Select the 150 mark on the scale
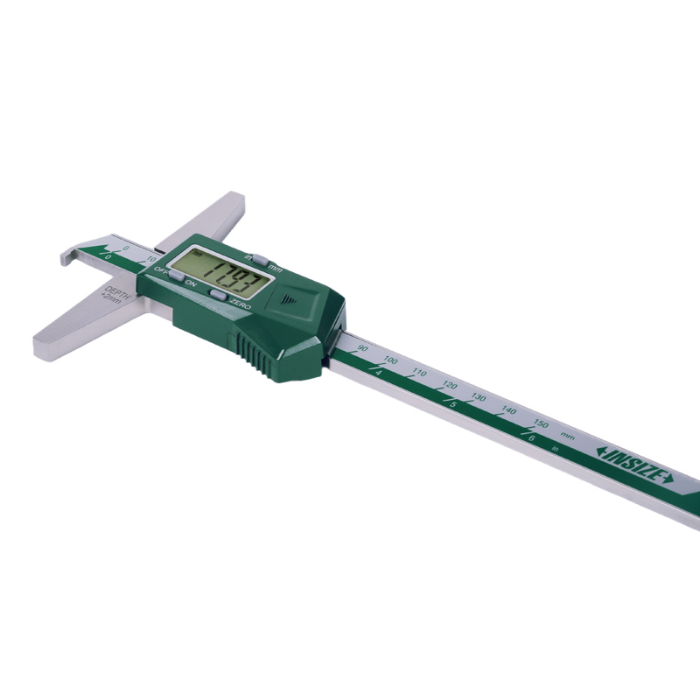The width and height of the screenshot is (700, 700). [541, 424]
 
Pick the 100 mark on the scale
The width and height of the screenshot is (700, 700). [390, 360]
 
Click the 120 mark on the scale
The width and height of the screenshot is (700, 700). [450, 385]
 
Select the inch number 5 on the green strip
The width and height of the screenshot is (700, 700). [452, 403]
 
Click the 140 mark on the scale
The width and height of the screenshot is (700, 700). [508, 410]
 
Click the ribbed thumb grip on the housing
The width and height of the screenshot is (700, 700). [255, 353]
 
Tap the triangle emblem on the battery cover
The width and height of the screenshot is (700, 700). [291, 297]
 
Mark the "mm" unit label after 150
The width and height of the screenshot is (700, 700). [568, 436]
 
